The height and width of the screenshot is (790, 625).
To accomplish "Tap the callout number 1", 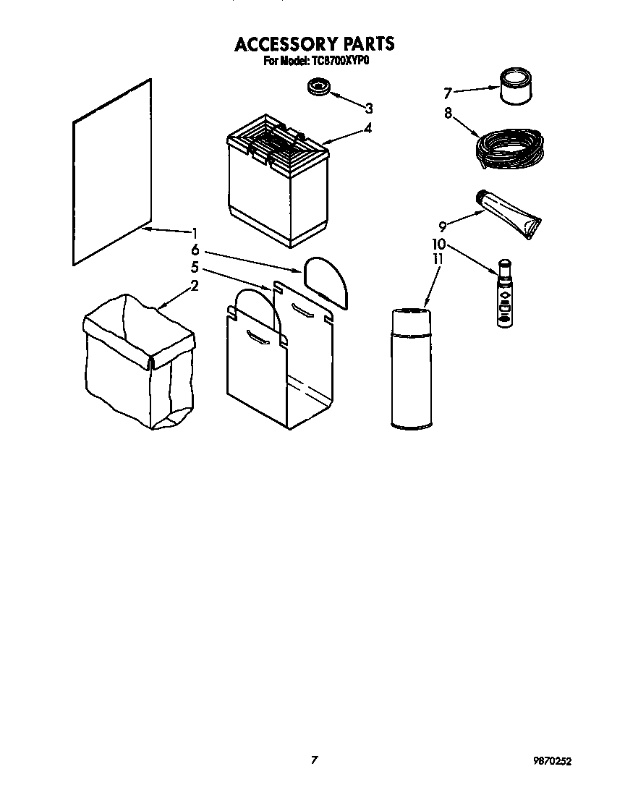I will (195, 233).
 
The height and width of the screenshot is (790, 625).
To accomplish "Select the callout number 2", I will (195, 286).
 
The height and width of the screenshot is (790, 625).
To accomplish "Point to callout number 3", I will (369, 109).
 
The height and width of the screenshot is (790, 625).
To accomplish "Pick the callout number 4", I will (368, 128).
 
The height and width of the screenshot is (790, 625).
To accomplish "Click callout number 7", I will (448, 93).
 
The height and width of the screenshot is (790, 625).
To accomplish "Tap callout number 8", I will (448, 113).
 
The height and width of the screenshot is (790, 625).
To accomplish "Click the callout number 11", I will (437, 259).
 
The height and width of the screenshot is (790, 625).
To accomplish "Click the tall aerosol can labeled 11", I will (410, 369).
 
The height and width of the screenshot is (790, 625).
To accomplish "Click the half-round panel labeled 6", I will (326, 281).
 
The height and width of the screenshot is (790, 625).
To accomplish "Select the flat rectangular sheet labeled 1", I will (112, 174).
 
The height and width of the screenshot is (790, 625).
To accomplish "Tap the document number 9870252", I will (557, 761).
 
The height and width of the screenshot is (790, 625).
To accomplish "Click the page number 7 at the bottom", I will (315, 760).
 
